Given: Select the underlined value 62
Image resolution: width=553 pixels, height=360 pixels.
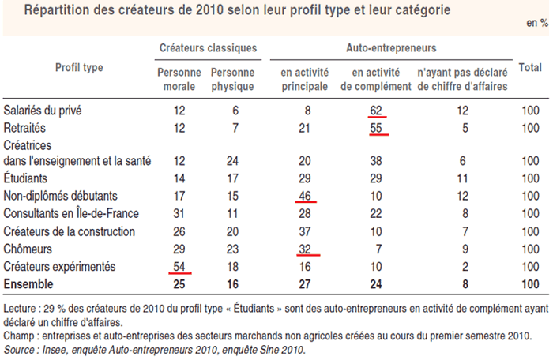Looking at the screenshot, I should point(377,111).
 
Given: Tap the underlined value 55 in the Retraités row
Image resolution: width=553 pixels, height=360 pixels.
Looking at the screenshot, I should point(377,127).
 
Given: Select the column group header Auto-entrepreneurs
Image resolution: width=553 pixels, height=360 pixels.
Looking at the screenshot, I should point(391,49).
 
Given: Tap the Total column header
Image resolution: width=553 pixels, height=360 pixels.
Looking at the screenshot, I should point(529,69).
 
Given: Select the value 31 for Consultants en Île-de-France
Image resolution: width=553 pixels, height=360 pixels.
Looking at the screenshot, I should point(179,214).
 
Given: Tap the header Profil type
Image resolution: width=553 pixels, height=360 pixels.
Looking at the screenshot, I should point(78,68).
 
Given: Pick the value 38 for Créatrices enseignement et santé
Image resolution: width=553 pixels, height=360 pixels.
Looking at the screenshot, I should point(377,162).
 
